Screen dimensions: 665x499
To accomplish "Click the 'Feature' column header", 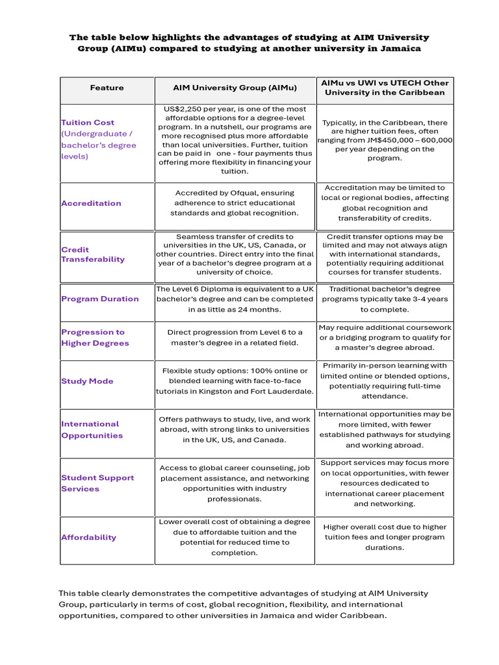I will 107,88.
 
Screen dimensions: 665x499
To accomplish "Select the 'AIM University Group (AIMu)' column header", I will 235,88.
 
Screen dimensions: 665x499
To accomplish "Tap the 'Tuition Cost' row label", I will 88,122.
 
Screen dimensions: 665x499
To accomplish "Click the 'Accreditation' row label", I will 91,203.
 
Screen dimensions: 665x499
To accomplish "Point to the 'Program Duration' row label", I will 100,299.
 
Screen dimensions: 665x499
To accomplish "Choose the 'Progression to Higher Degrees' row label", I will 95,338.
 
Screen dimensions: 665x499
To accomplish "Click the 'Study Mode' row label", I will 87,381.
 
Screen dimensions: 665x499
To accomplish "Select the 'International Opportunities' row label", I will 92,429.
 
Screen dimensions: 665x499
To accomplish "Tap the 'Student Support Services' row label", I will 97,483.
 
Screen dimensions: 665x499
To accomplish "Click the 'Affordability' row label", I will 89,537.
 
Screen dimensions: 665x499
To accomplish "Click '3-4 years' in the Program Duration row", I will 429,299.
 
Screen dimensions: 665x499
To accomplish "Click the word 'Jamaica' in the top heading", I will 398,49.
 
